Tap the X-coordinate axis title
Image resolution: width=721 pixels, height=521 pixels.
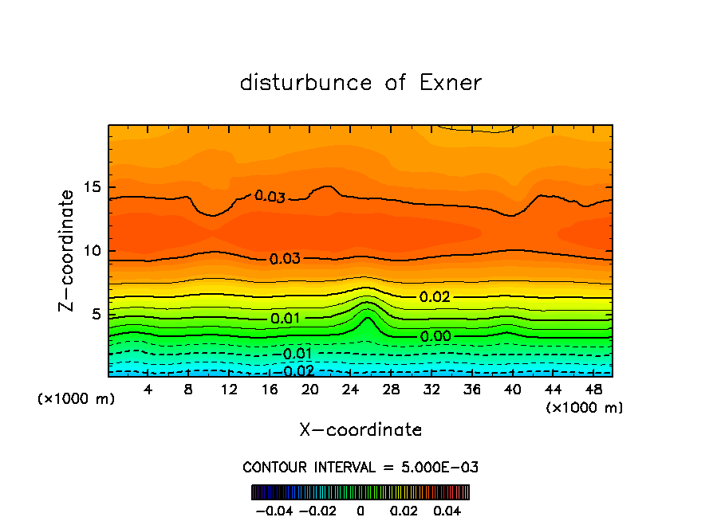click(x=360, y=429)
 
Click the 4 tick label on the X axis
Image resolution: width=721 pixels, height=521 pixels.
click(x=148, y=390)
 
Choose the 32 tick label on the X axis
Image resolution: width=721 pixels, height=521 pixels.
click(x=431, y=390)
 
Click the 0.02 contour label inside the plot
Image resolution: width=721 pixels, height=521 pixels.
click(x=435, y=297)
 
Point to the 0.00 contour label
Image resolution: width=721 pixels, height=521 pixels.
click(x=435, y=337)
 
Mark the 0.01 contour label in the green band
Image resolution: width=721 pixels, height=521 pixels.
click(x=285, y=319)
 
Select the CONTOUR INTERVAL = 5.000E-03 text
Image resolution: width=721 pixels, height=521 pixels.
click(x=360, y=467)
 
